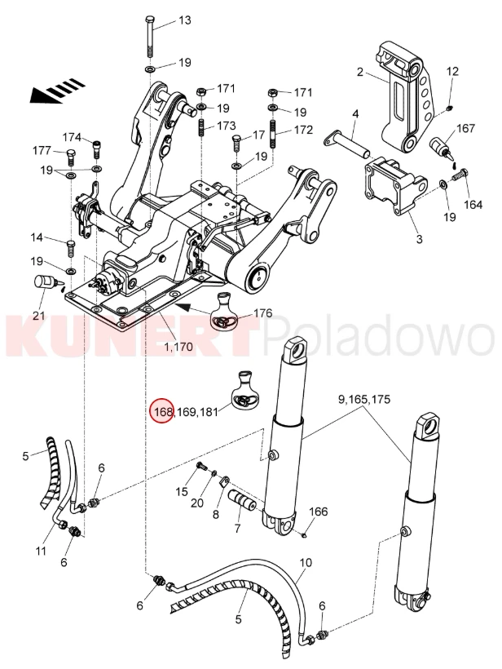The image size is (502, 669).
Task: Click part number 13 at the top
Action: coord(184,20)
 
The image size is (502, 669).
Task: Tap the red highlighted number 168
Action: coord(163,411)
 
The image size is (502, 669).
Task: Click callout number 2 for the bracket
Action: coord(360,72)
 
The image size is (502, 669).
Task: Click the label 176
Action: coord(263,313)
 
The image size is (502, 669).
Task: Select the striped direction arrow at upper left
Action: coord(58,91)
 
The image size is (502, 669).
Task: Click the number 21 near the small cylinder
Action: coord(39,315)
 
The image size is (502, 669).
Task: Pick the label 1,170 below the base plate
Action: coord(178,347)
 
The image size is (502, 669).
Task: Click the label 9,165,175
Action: coord(364,399)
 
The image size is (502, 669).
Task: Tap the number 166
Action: coord(319,511)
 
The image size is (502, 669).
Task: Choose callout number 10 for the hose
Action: coord(306,562)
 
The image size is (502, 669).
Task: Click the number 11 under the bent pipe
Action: coord(41,551)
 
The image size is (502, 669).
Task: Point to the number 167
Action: coord(466,127)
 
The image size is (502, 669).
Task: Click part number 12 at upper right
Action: coord(452,71)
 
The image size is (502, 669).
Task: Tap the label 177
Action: coord(42,151)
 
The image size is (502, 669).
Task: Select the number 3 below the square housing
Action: coord(420,239)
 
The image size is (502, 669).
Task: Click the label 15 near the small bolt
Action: coord(182,492)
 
